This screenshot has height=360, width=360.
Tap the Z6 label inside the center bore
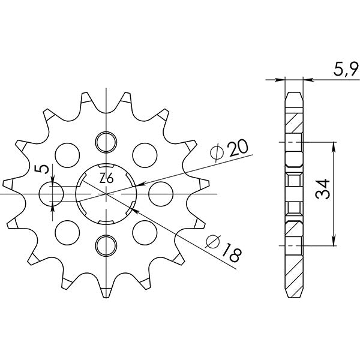click(x=107, y=178)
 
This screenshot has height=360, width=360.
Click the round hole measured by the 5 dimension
click(x=52, y=193)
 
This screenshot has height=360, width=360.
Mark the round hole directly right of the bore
click(x=160, y=193)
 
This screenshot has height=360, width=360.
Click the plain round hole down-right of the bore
click(x=145, y=230)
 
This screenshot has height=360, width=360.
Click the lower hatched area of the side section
click(x=293, y=227)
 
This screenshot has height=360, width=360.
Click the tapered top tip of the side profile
click(x=293, y=94)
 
